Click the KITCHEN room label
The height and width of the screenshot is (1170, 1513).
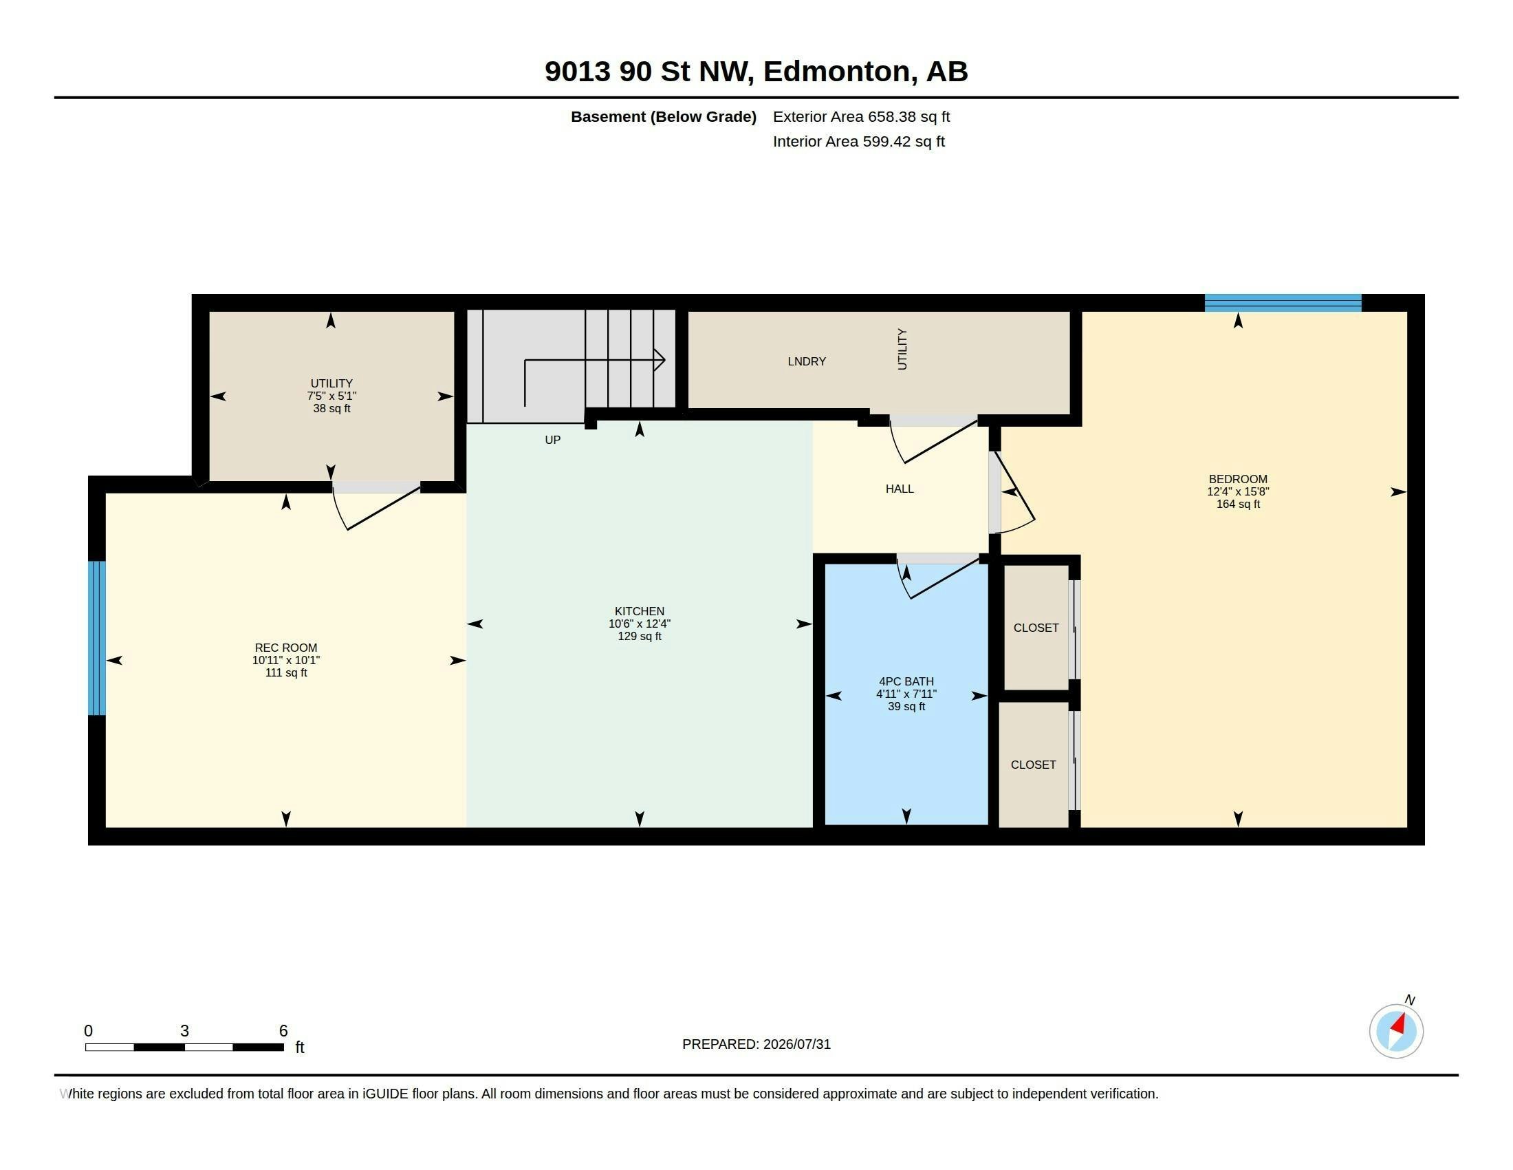pyautogui.click(x=639, y=611)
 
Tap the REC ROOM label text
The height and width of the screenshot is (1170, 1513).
pyautogui.click(x=285, y=648)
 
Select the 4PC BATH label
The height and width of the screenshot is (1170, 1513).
pyautogui.click(x=906, y=681)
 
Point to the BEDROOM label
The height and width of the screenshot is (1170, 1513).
pyautogui.click(x=1238, y=479)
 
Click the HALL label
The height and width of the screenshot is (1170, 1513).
pyautogui.click(x=900, y=489)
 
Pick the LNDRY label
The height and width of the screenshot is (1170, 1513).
pyautogui.click(x=807, y=361)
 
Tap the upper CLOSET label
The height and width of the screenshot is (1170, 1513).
pyautogui.click(x=1036, y=628)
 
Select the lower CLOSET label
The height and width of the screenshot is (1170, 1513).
pyautogui.click(x=1033, y=765)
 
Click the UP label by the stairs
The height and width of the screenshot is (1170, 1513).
pyautogui.click(x=552, y=440)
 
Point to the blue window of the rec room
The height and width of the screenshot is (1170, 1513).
pyautogui.click(x=97, y=638)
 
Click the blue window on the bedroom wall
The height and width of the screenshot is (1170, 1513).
pyautogui.click(x=1283, y=303)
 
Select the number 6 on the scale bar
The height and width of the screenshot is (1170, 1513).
pyautogui.click(x=283, y=1031)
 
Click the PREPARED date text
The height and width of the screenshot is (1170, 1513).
pyautogui.click(x=756, y=1044)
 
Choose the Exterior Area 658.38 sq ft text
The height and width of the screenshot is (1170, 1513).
pyautogui.click(x=861, y=116)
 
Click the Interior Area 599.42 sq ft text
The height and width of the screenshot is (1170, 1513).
pyautogui.click(x=859, y=141)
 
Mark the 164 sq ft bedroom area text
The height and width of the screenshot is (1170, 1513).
pyautogui.click(x=1238, y=504)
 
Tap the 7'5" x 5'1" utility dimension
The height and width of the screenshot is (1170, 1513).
pyautogui.click(x=332, y=396)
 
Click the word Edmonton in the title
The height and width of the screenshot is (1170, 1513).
pyautogui.click(x=838, y=72)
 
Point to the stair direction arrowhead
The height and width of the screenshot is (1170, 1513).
pyautogui.click(x=660, y=361)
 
